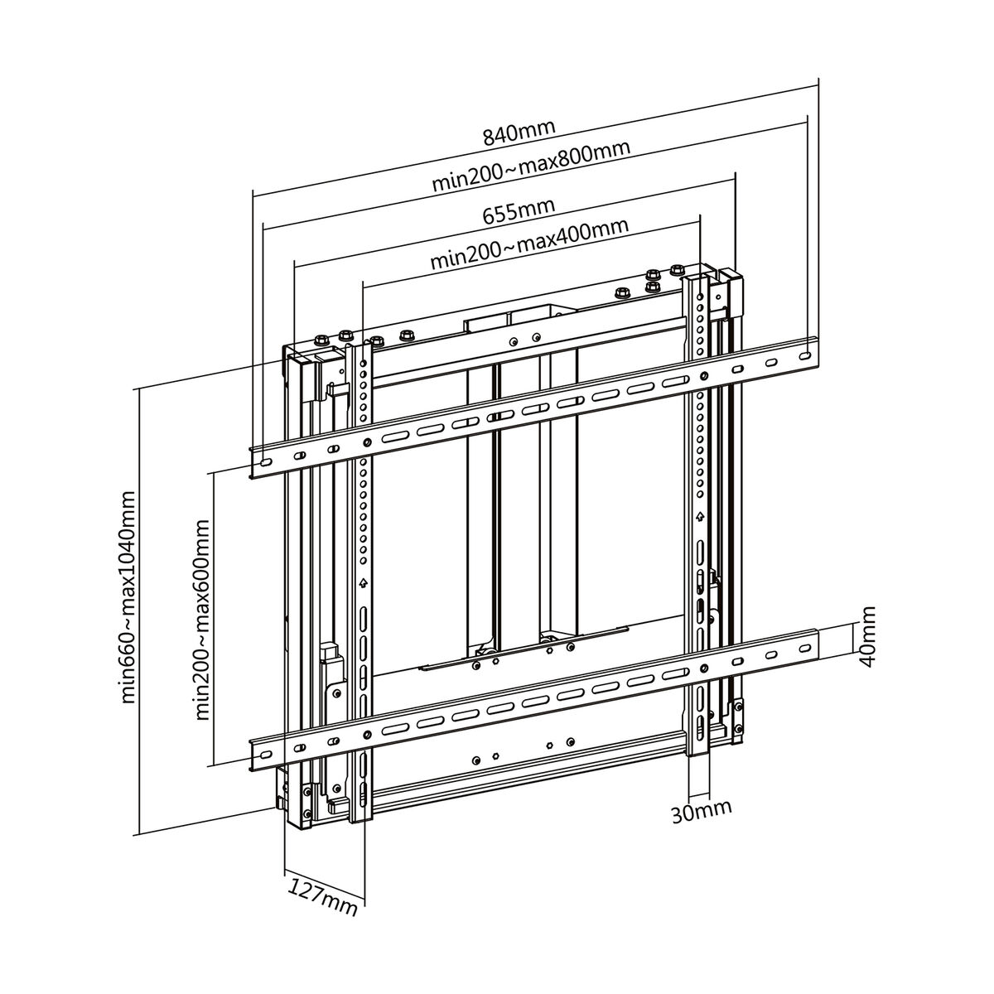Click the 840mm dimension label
tap(519, 133)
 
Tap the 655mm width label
tap(519, 212)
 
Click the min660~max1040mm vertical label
tap(129, 597)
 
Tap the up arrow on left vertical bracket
tap(362, 583)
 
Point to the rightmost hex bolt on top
tap(678, 270)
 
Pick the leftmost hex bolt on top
tap(318, 340)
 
